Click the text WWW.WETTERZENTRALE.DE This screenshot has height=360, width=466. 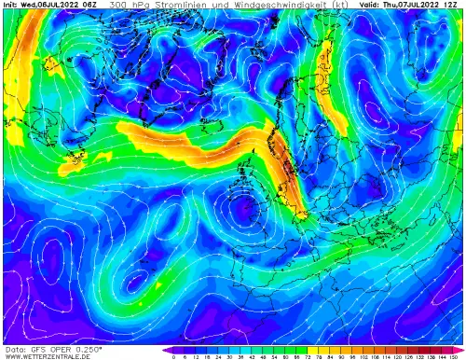[x=44, y=355]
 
